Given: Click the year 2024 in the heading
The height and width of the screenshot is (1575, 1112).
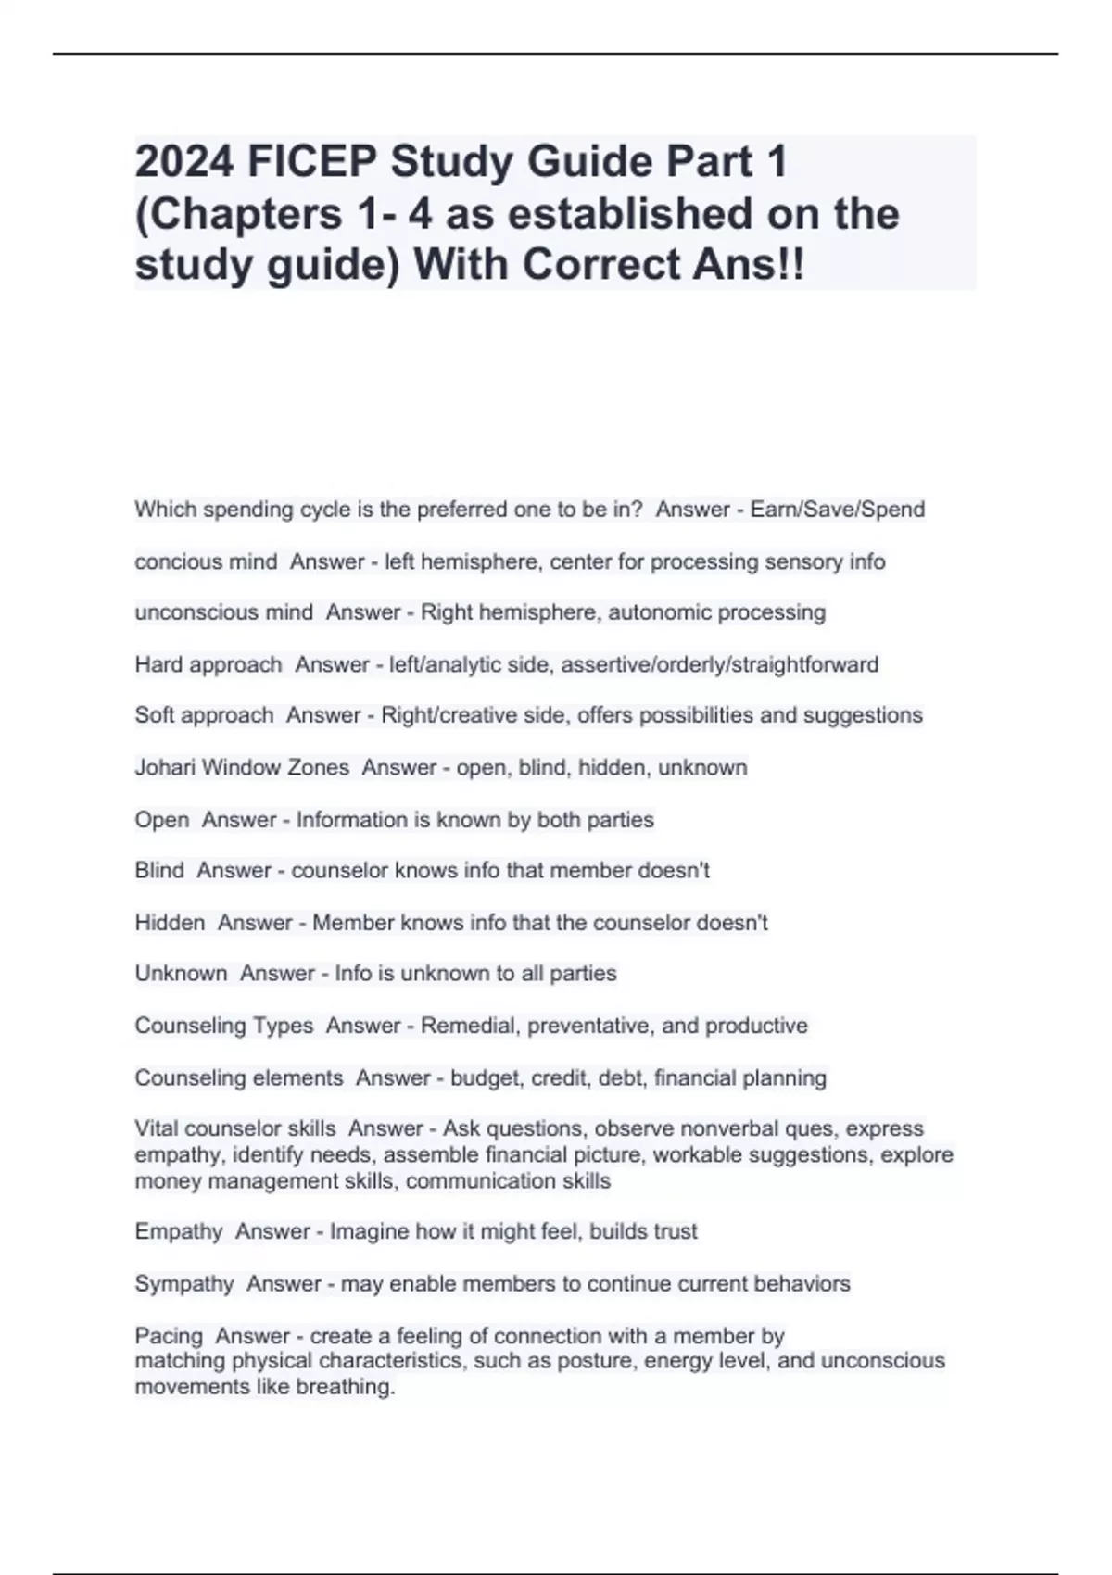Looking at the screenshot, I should [184, 161].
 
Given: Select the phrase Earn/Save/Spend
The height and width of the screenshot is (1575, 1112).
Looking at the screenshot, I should [838, 510].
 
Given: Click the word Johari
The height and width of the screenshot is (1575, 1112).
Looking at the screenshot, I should [165, 767].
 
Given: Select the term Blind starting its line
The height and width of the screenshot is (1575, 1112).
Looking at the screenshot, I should [159, 870].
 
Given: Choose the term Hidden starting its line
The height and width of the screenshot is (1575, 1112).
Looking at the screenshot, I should [170, 923].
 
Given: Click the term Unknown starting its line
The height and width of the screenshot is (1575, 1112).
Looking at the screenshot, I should [181, 973].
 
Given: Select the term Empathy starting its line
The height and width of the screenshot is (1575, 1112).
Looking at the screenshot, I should [179, 1231].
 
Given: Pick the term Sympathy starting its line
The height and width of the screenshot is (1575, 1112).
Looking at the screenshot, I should [184, 1284].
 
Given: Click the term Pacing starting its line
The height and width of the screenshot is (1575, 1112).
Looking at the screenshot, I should [169, 1336].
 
